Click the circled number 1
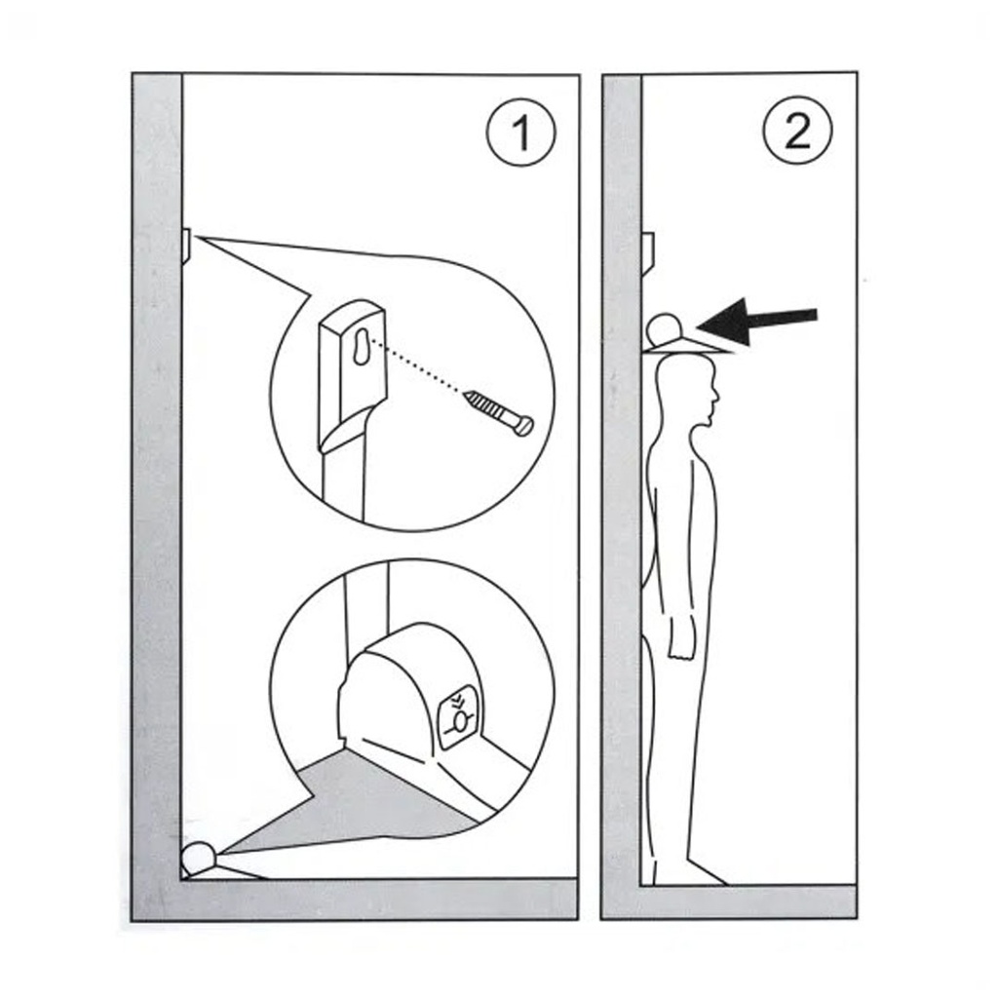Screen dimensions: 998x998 point(520,133)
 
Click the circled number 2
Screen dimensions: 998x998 point(797,131)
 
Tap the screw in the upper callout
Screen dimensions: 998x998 point(499,412)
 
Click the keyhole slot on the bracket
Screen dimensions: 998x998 point(362,347)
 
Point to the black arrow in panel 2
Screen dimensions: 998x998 point(756,322)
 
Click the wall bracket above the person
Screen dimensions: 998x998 point(648,253)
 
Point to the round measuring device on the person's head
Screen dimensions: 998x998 point(664,328)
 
